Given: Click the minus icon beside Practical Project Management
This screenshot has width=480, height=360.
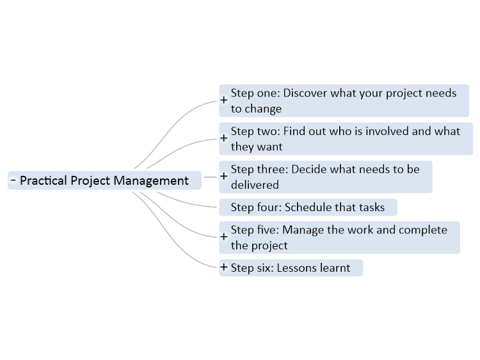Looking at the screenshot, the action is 13,180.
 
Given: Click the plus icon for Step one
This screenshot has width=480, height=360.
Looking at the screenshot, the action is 224,100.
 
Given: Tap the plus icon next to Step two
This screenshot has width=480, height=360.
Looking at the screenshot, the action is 224,138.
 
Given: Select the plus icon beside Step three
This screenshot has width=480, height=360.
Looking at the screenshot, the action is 224,176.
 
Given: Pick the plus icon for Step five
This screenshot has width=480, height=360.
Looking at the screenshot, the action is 224,237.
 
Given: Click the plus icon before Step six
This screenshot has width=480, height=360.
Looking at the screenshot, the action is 224,267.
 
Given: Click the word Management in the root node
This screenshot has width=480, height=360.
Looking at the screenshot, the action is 151,181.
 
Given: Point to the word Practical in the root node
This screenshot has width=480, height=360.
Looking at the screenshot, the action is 44,180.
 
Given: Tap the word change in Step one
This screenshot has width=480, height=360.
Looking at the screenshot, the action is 263,109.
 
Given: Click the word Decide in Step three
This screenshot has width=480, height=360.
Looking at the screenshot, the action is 309,169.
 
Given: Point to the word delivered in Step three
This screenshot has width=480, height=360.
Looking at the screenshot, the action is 255,185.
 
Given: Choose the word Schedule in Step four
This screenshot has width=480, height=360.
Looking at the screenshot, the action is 308,207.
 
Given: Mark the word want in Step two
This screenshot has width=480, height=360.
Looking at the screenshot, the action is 269,147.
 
